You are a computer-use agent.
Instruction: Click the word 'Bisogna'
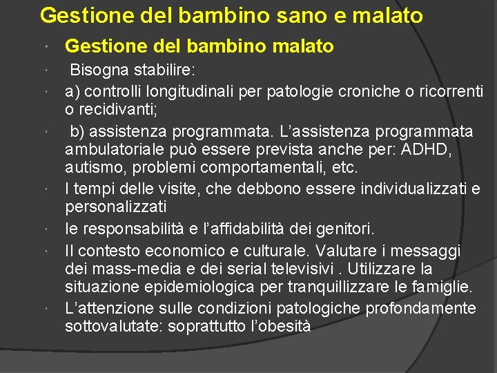pos(97,71)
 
